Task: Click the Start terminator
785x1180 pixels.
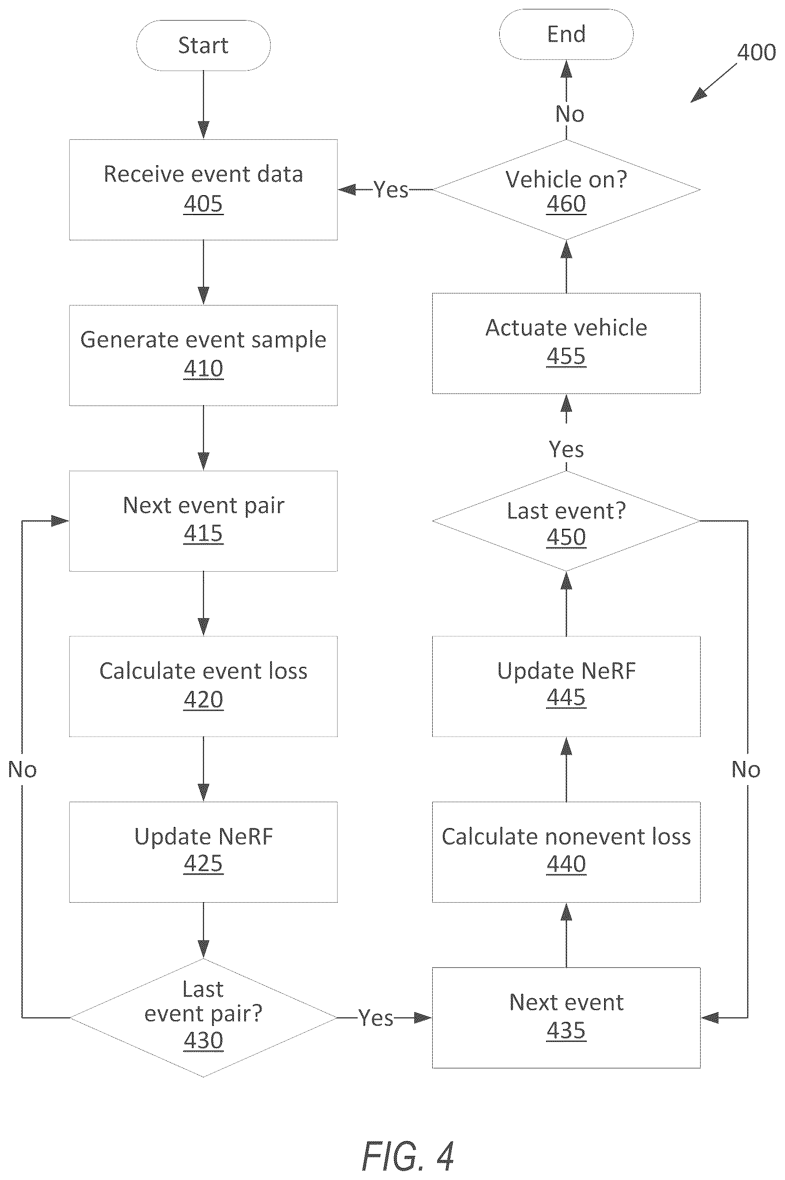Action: click(203, 46)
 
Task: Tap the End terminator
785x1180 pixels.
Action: click(566, 34)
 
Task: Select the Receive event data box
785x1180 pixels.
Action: click(203, 190)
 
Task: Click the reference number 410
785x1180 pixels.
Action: click(203, 369)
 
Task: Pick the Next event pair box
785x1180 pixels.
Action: click(203, 521)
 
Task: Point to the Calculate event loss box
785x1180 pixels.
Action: click(203, 686)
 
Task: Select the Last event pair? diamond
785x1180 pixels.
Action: click(203, 1018)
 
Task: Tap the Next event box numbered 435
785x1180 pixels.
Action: click(566, 1018)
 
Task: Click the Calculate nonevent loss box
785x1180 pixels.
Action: click(566, 852)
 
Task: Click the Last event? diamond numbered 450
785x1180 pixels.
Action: click(566, 521)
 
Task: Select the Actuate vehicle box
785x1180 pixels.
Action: click(566, 343)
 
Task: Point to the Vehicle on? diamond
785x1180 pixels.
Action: click(566, 190)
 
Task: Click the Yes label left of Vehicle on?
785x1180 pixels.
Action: click(391, 190)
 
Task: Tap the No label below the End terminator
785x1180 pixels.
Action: click(570, 114)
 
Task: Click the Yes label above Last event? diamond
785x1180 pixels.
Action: click(566, 449)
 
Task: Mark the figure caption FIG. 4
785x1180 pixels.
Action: click(408, 1157)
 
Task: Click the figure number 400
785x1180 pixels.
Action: click(756, 52)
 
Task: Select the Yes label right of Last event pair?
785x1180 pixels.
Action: click(376, 1018)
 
